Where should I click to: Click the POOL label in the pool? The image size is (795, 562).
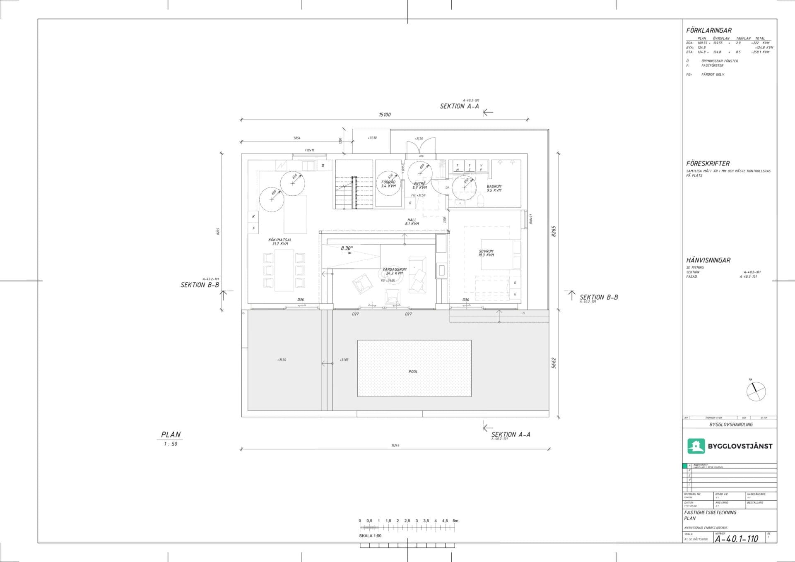(x=413, y=372)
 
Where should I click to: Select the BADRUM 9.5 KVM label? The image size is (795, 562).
(x=494, y=188)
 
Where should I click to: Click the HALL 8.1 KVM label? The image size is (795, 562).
(x=412, y=222)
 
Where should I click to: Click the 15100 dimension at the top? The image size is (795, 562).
(x=385, y=115)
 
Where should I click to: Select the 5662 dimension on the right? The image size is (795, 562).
(x=554, y=363)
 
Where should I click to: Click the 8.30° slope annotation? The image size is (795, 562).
(x=347, y=248)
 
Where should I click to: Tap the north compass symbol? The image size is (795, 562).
(x=756, y=391)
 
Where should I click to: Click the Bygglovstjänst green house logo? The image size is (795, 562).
(x=696, y=446)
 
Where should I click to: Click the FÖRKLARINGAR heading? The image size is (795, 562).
(x=708, y=30)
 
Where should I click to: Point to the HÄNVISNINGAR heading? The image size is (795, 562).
(x=708, y=260)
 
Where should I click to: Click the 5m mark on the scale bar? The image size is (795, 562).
(x=455, y=521)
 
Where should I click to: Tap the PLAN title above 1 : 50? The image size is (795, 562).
(x=171, y=435)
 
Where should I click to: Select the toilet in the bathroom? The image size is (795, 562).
(x=480, y=202)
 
